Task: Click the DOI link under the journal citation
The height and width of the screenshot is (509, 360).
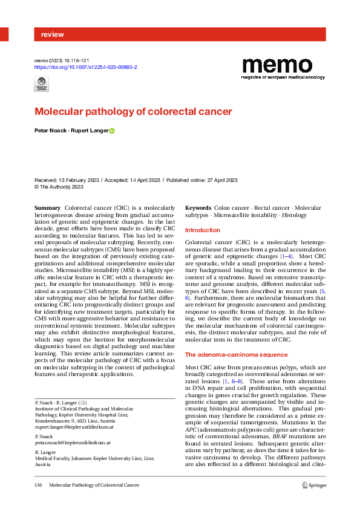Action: [x=86, y=68]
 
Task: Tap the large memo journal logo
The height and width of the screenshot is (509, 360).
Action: [x=284, y=66]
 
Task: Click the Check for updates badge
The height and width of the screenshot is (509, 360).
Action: [x=42, y=85]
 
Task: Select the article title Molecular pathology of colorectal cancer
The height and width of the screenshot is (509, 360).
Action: [x=133, y=112]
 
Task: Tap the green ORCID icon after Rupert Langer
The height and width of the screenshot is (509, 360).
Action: [x=111, y=131]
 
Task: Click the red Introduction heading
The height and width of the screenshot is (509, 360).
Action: [x=203, y=230]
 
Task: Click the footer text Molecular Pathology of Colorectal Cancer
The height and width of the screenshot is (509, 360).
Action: [x=94, y=485]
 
